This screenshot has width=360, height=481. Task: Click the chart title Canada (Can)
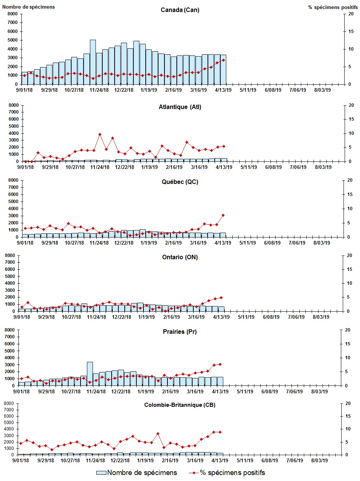point(180,10)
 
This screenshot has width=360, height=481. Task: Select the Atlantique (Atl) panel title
point(180,107)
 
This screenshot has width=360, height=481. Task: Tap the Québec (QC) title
point(180,182)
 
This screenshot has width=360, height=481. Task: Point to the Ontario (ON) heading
point(180,257)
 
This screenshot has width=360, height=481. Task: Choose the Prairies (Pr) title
point(180,332)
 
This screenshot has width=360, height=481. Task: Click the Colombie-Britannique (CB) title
point(180,405)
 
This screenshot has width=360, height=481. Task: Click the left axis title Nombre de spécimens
point(28,7)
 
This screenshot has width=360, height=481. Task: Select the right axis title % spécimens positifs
point(333,7)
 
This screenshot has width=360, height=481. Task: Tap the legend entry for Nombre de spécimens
point(137,473)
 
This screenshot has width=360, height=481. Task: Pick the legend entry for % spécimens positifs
point(227,473)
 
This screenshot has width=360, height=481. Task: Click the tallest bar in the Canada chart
point(93,62)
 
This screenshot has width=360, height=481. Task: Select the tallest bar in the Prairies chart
point(90,373)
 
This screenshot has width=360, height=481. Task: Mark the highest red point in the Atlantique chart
point(100,134)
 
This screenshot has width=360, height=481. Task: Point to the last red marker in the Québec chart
point(223,215)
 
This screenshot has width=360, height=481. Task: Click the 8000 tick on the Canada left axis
point(12,14)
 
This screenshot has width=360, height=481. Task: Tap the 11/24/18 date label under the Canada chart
point(99,90)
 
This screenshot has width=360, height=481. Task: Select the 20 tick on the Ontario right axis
point(350,255)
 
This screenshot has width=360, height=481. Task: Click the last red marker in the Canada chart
point(223,60)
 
